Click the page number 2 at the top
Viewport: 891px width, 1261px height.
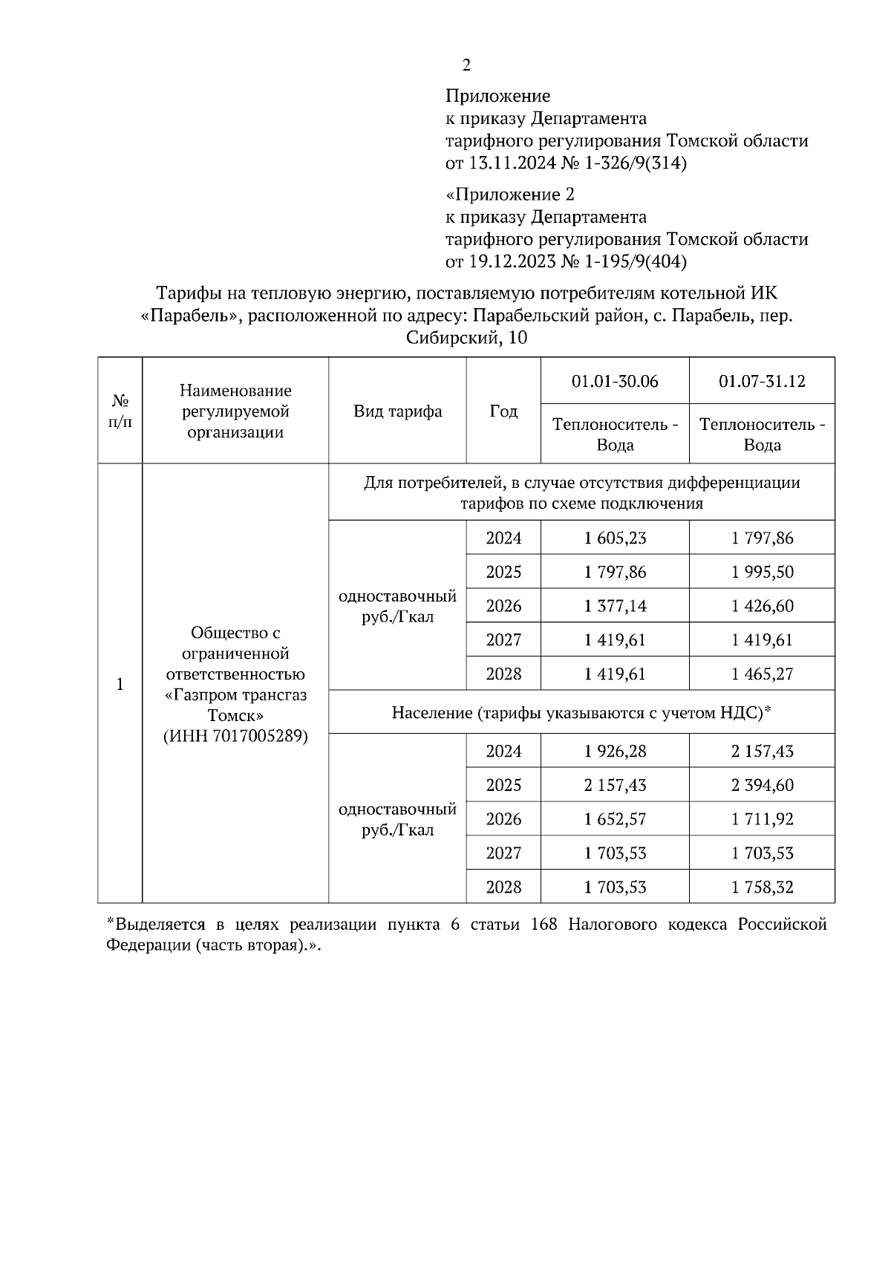pyautogui.click(x=466, y=65)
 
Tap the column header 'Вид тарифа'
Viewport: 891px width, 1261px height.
pyautogui.click(x=397, y=411)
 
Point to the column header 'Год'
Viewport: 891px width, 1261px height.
pyautogui.click(x=503, y=411)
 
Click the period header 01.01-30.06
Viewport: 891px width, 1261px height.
pyautogui.click(x=615, y=381)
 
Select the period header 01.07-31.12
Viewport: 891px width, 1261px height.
pyautogui.click(x=762, y=381)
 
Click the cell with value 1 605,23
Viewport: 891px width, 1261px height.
pyautogui.click(x=615, y=538)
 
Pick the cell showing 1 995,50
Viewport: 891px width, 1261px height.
pyautogui.click(x=762, y=572)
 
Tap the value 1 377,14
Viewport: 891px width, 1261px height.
pyautogui.click(x=615, y=606)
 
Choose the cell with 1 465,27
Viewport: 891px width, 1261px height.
pyautogui.click(x=762, y=674)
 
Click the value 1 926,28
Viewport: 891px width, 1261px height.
pyautogui.click(x=615, y=752)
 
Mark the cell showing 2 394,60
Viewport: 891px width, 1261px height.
pyautogui.click(x=762, y=786)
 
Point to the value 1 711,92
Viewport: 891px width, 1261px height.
pyautogui.click(x=762, y=819)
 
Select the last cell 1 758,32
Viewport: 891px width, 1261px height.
pyautogui.click(x=762, y=887)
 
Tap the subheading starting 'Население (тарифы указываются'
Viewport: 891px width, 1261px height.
pyautogui.click(x=581, y=713)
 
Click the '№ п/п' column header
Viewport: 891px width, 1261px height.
pyautogui.click(x=120, y=411)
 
